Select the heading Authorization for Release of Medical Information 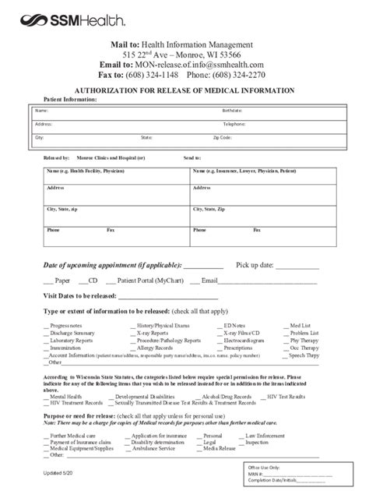(184, 91)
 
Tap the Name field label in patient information (41, 111)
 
